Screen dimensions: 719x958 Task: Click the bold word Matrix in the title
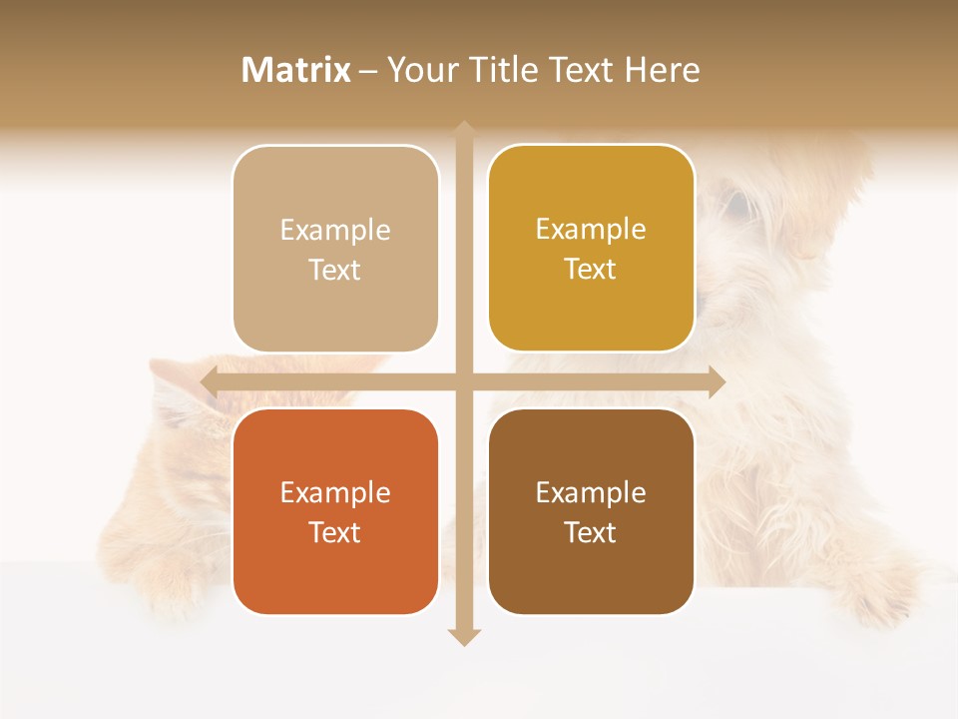pyautogui.click(x=296, y=70)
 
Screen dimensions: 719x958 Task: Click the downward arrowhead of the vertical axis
pyautogui.click(x=463, y=636)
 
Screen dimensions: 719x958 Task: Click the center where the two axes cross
pyautogui.click(x=463, y=381)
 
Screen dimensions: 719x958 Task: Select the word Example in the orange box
pyautogui.click(x=335, y=492)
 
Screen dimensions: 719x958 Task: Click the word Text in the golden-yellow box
pyautogui.click(x=591, y=270)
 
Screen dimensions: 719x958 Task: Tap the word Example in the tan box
pyautogui.click(x=335, y=230)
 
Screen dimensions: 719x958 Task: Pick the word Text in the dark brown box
pyautogui.click(x=591, y=532)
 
